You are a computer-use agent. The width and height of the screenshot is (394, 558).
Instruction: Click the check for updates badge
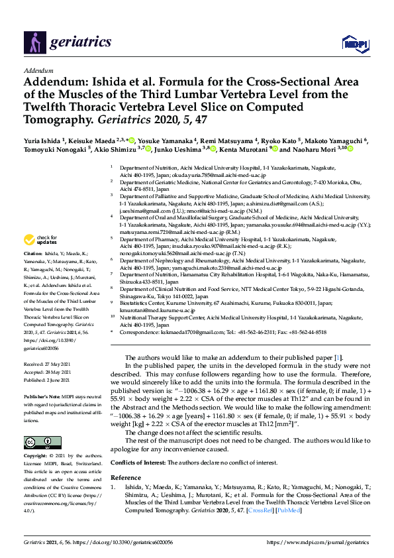coord(42,240)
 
